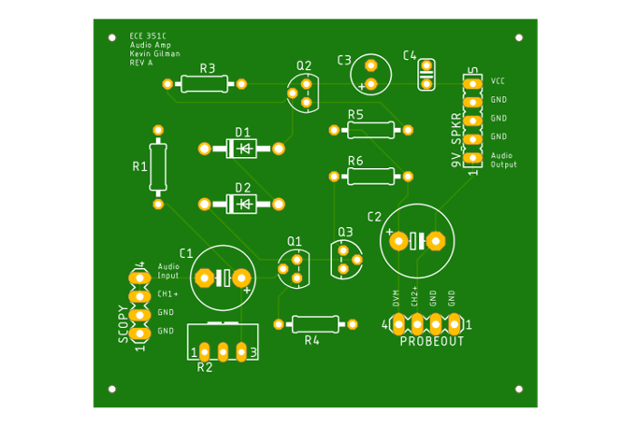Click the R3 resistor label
click(208, 69)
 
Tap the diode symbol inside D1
click(245, 149)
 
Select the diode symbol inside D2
click(245, 205)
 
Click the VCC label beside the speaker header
click(497, 81)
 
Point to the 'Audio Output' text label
click(503, 160)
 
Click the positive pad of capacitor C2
click(399, 241)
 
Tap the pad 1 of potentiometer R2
click(205, 352)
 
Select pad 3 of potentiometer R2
click(241, 352)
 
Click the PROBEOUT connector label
click(432, 342)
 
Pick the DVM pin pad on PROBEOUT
click(398, 324)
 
